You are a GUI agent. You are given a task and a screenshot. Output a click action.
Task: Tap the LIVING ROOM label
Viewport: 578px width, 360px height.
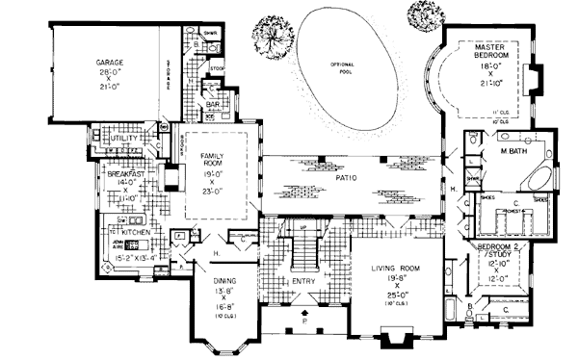[x=395, y=273]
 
